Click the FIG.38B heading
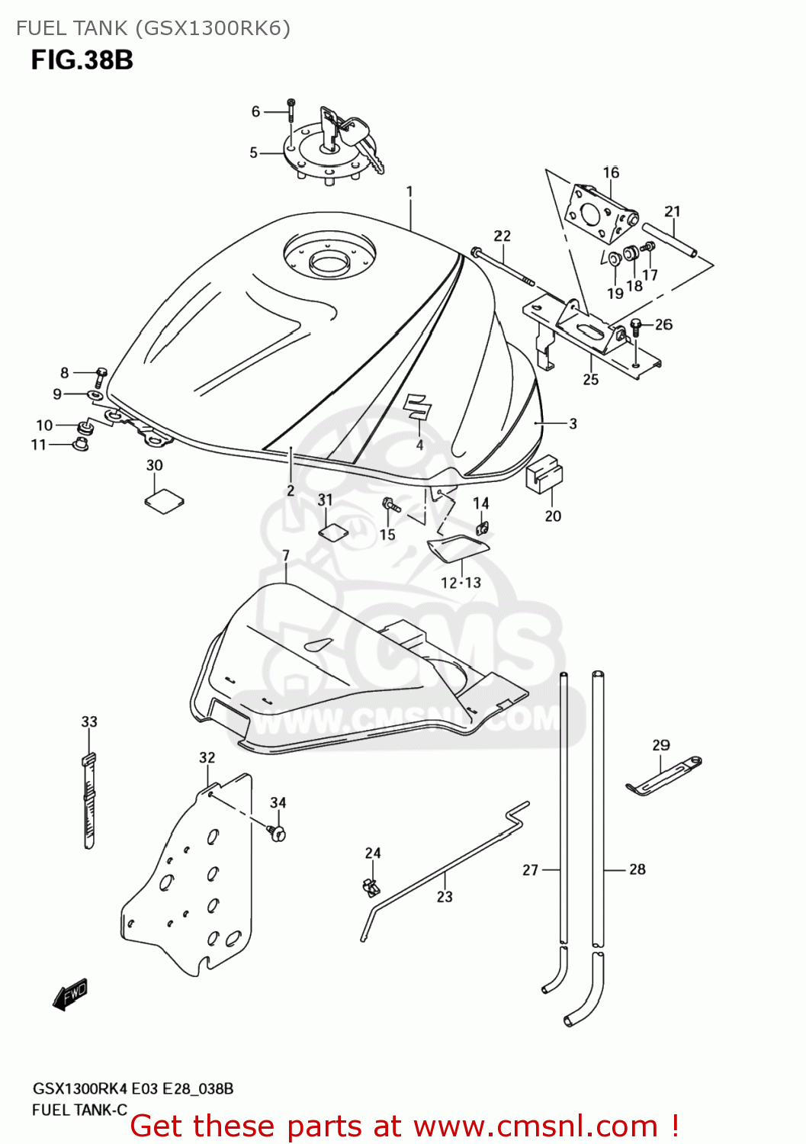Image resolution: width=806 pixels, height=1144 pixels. click(82, 60)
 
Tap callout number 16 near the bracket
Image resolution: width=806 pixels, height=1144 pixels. click(611, 172)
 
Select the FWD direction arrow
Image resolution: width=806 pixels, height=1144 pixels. click(70, 995)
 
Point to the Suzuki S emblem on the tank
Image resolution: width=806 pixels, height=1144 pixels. click(417, 406)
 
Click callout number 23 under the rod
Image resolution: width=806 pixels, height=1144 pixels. click(445, 897)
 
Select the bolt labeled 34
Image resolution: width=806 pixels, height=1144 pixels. click(278, 832)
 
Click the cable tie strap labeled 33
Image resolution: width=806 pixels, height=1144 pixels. click(89, 801)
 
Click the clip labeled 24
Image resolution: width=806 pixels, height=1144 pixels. click(371, 887)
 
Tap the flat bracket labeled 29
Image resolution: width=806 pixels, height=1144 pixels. click(663, 775)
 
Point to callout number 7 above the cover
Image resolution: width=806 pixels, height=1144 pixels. click(286, 555)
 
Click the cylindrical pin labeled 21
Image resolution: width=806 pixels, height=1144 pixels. click(669, 239)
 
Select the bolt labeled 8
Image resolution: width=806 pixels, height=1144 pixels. click(101, 376)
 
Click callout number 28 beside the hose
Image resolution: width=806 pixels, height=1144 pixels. click(637, 869)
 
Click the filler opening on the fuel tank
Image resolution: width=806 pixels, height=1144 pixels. click(329, 264)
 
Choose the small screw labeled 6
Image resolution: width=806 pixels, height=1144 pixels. click(291, 110)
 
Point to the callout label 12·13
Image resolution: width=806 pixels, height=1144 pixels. click(461, 583)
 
